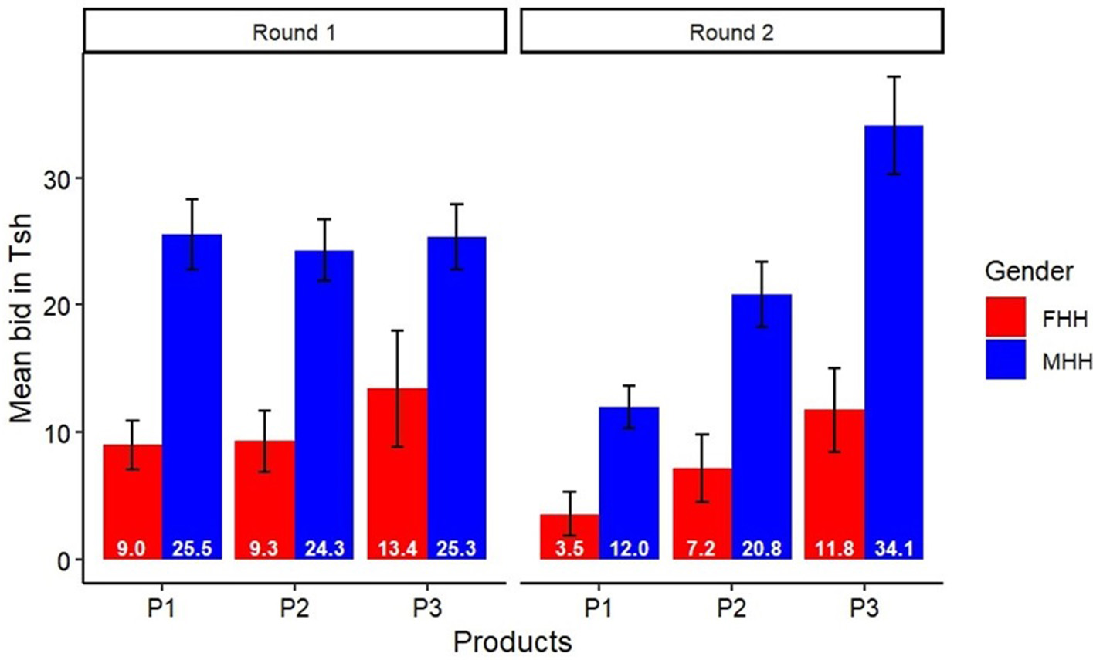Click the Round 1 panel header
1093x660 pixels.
coord(294,32)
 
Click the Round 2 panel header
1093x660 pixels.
coord(731,32)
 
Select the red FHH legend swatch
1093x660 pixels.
coord(1005,317)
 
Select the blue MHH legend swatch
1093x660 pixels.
coord(1005,359)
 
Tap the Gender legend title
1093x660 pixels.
coord(1028,272)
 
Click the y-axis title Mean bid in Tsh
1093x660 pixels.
coord(22,319)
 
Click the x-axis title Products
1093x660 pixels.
coord(512,641)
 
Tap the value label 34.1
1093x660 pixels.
coord(894,549)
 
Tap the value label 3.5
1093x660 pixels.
coord(569,549)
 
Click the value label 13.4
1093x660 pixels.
coord(397,549)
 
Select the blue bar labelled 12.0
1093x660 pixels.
coord(629,479)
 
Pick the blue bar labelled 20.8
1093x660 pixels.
coord(762,425)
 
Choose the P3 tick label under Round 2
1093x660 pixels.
coord(864,608)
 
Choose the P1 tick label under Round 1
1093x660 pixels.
coord(163,608)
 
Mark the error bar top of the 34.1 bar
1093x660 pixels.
coord(894,76)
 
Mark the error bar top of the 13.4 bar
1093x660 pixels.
coord(397,330)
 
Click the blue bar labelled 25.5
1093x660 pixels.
coord(192,394)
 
